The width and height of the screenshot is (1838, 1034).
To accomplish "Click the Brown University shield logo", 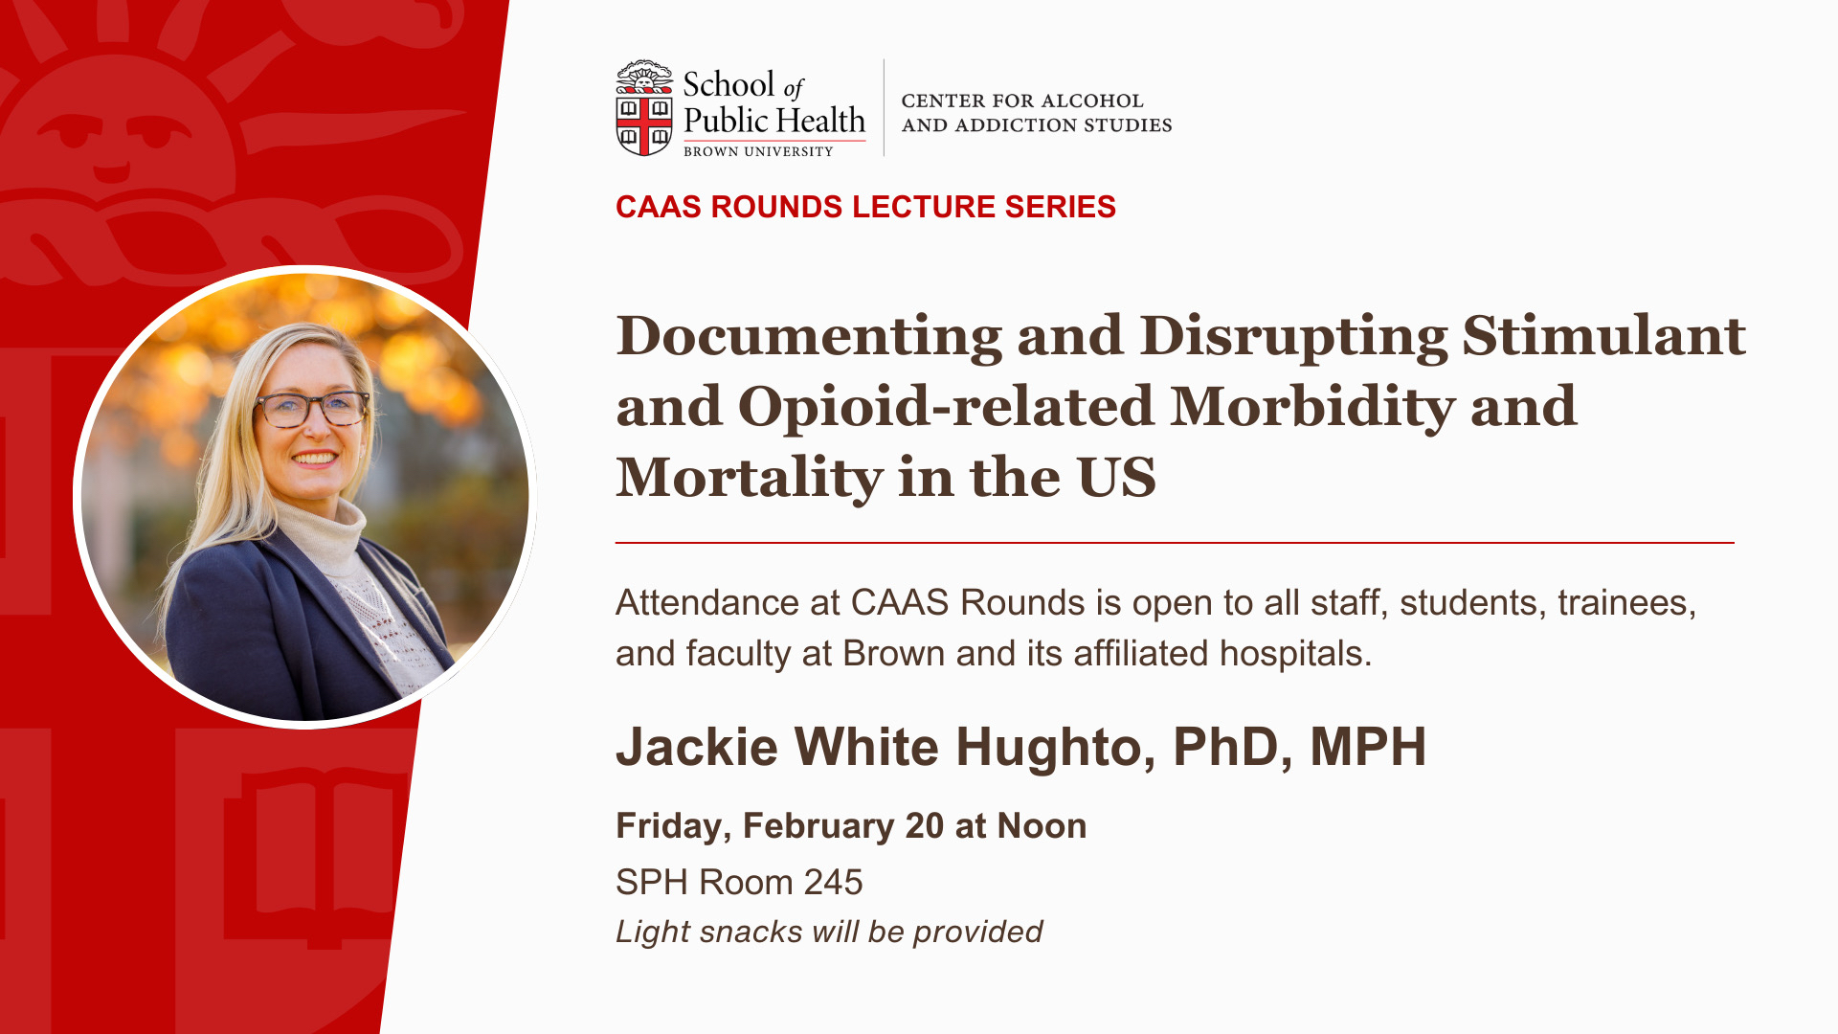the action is point(644,107).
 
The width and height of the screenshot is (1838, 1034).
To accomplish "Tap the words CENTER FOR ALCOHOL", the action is point(1022,101).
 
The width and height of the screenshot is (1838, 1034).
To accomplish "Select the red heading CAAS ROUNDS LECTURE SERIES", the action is point(865,207).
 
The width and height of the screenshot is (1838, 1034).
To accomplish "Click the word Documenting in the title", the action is point(809,337).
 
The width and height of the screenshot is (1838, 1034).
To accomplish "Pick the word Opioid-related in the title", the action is point(947,407).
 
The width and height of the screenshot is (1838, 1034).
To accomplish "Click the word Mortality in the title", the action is point(750,478).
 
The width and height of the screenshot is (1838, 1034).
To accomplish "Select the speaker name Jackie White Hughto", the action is point(884,747).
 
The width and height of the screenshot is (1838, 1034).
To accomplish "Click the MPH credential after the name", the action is point(1368,747).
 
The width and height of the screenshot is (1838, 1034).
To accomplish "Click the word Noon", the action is point(1042,825).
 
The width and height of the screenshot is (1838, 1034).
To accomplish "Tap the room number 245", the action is point(833,882).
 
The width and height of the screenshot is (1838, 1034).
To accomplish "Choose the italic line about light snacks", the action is point(829,932).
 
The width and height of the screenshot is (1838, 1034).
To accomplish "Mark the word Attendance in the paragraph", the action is point(707,603).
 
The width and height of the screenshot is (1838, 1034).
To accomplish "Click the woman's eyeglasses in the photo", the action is point(312,409).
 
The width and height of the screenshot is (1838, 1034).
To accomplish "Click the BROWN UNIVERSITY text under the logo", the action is point(758,151).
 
